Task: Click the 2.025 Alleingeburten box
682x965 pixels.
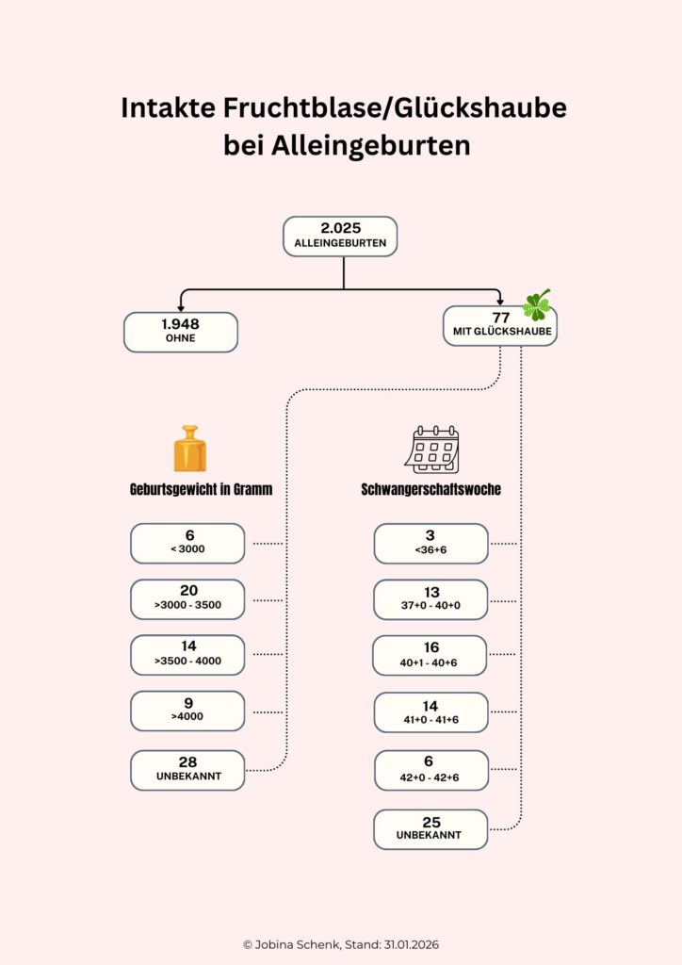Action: [x=340, y=237]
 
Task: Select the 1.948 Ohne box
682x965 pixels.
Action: [x=180, y=332]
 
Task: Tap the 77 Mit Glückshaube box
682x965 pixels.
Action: [x=499, y=326]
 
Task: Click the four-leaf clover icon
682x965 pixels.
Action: [x=537, y=303]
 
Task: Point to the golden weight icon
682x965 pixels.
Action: [x=189, y=449]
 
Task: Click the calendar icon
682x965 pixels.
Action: [x=432, y=450]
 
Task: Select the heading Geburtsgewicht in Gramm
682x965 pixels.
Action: [x=201, y=490]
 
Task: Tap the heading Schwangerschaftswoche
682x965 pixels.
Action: [x=430, y=490]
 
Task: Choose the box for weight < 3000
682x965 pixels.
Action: [x=187, y=543]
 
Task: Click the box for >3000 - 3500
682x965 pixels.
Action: [x=187, y=598]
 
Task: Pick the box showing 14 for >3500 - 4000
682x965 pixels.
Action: [x=187, y=654]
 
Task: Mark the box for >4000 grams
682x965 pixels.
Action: [x=187, y=710]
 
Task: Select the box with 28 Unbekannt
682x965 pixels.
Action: [x=187, y=769]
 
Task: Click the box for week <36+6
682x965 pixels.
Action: [x=430, y=544]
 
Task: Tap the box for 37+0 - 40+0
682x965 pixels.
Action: [x=430, y=599]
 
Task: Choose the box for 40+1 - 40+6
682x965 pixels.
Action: [x=430, y=655]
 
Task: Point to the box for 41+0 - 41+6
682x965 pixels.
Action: [x=430, y=711]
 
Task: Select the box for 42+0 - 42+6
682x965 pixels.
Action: [x=430, y=770]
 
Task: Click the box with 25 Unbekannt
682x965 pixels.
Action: [x=430, y=829]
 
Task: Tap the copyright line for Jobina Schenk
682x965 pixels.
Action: [x=341, y=944]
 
